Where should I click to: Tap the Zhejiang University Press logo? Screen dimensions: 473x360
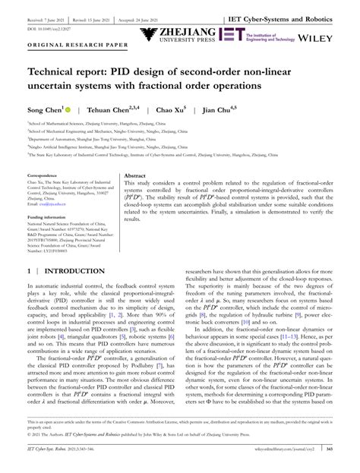click(177, 34)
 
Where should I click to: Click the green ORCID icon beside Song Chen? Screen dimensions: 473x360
click(68, 109)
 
